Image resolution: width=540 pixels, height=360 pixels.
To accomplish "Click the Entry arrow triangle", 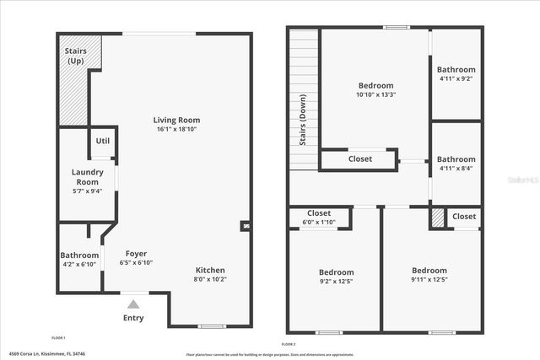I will (x=132, y=305).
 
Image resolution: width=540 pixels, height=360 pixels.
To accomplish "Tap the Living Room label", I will (x=176, y=120).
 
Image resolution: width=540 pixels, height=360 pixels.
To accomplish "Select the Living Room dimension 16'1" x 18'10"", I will (x=177, y=130).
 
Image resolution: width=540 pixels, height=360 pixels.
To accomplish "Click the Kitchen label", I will (x=210, y=270).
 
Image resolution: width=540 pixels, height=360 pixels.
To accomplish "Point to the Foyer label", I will (x=136, y=253).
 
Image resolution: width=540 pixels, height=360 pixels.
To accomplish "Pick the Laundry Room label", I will (x=87, y=176).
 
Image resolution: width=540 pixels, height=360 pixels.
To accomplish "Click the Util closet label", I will (x=102, y=141).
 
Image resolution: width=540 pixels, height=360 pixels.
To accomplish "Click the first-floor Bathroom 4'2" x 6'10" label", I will (x=79, y=255).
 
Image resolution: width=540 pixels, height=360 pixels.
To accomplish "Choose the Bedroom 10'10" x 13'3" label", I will (x=375, y=85).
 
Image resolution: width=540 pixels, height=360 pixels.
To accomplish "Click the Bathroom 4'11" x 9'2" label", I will (x=456, y=70).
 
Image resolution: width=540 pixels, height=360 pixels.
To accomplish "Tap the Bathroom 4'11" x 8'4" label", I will (x=456, y=159).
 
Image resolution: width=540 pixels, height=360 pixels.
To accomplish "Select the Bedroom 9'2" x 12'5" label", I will (x=336, y=272).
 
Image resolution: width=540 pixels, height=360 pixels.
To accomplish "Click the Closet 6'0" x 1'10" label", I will (x=319, y=213).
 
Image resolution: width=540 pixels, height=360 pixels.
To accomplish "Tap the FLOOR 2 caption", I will (x=289, y=344).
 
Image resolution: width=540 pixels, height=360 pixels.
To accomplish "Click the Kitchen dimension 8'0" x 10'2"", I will (x=210, y=279).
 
